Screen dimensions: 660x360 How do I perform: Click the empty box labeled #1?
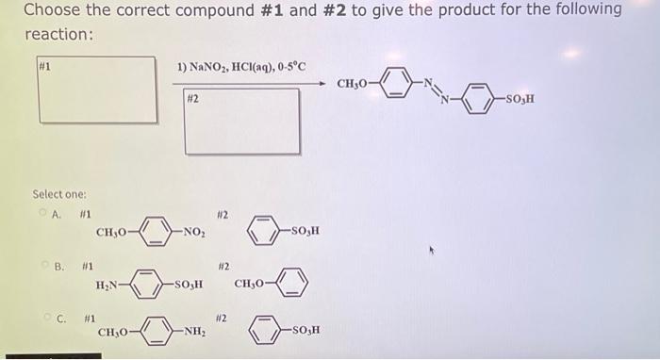(96, 90)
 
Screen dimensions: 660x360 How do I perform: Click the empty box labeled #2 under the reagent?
(242, 121)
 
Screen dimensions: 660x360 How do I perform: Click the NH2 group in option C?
(195, 331)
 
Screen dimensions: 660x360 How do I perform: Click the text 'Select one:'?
(60, 194)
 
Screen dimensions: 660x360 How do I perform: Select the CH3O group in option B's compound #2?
(252, 283)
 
